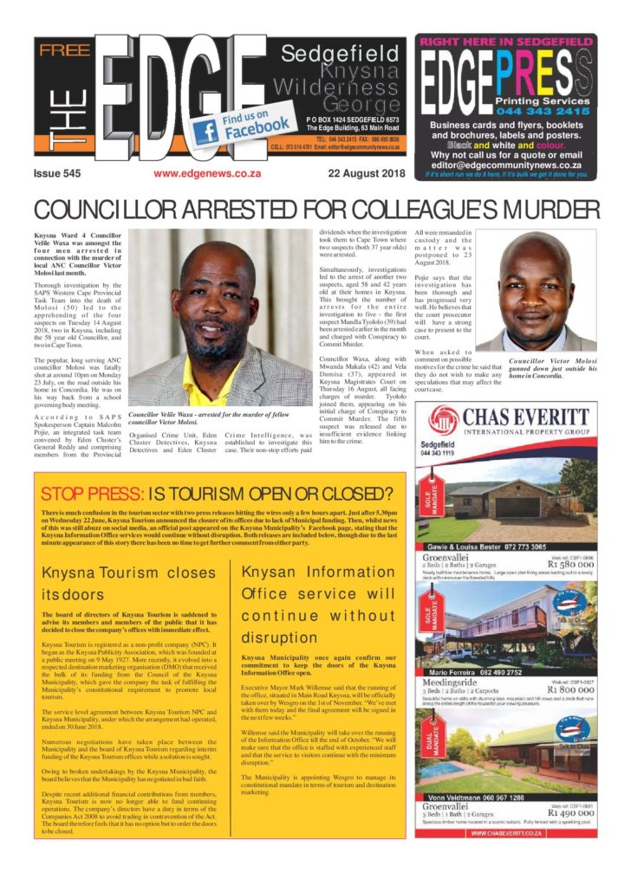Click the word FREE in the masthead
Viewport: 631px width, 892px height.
point(65,50)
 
